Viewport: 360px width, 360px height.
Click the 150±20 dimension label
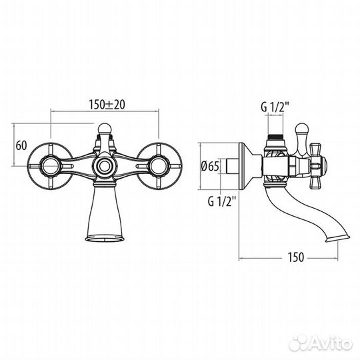[107, 105]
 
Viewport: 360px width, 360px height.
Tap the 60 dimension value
[21, 145]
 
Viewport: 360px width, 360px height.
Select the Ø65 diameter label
[210, 166]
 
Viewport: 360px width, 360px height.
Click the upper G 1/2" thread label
[275, 107]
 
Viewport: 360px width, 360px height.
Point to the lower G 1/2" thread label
[222, 201]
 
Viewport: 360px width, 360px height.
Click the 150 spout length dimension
[296, 257]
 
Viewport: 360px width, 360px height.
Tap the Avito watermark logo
[320, 344]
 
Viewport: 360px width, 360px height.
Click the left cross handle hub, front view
[50, 166]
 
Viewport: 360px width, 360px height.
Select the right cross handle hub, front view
[159, 166]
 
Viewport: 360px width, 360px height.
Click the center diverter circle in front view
[105, 166]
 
